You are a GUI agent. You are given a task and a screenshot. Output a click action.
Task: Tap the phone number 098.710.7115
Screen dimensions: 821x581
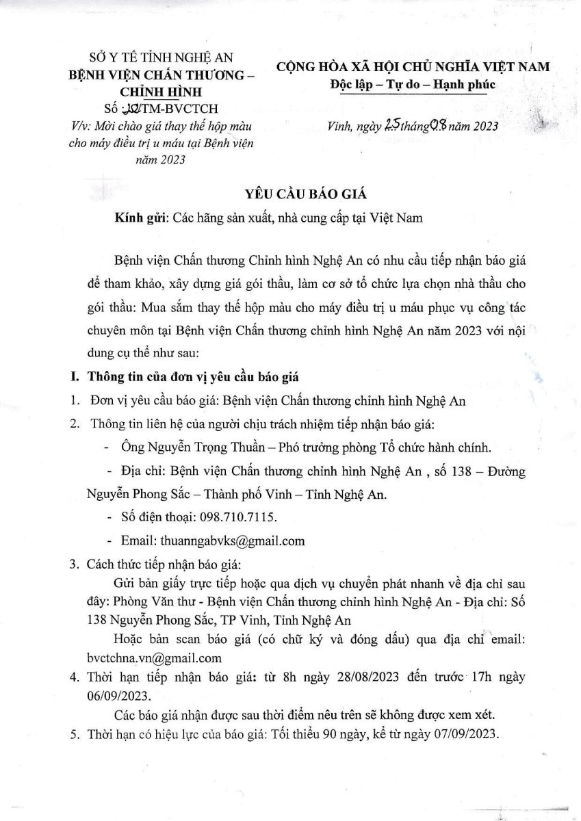(240, 516)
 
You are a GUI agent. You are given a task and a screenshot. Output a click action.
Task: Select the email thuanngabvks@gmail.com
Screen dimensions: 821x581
(232, 540)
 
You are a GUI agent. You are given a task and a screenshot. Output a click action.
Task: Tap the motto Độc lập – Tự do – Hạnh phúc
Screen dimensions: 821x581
(413, 83)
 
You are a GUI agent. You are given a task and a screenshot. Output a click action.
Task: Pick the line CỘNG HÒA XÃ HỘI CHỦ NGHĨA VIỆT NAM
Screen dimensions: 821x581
(413, 67)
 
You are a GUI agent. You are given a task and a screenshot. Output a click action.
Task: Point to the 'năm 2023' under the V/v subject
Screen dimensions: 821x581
(162, 159)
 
